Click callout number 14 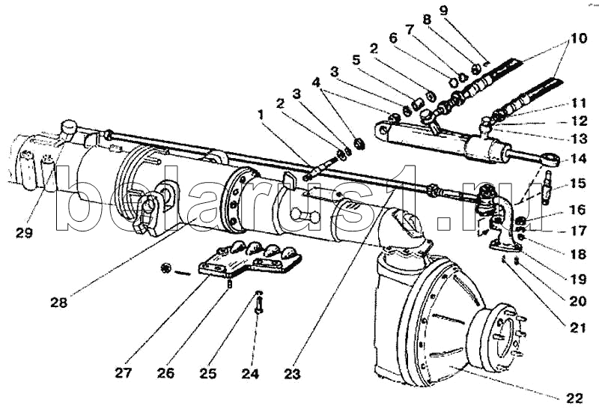pyautogui.click(x=577, y=159)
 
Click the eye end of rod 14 pyautogui.click(x=551, y=159)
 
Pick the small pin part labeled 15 pyautogui.click(x=547, y=183)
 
